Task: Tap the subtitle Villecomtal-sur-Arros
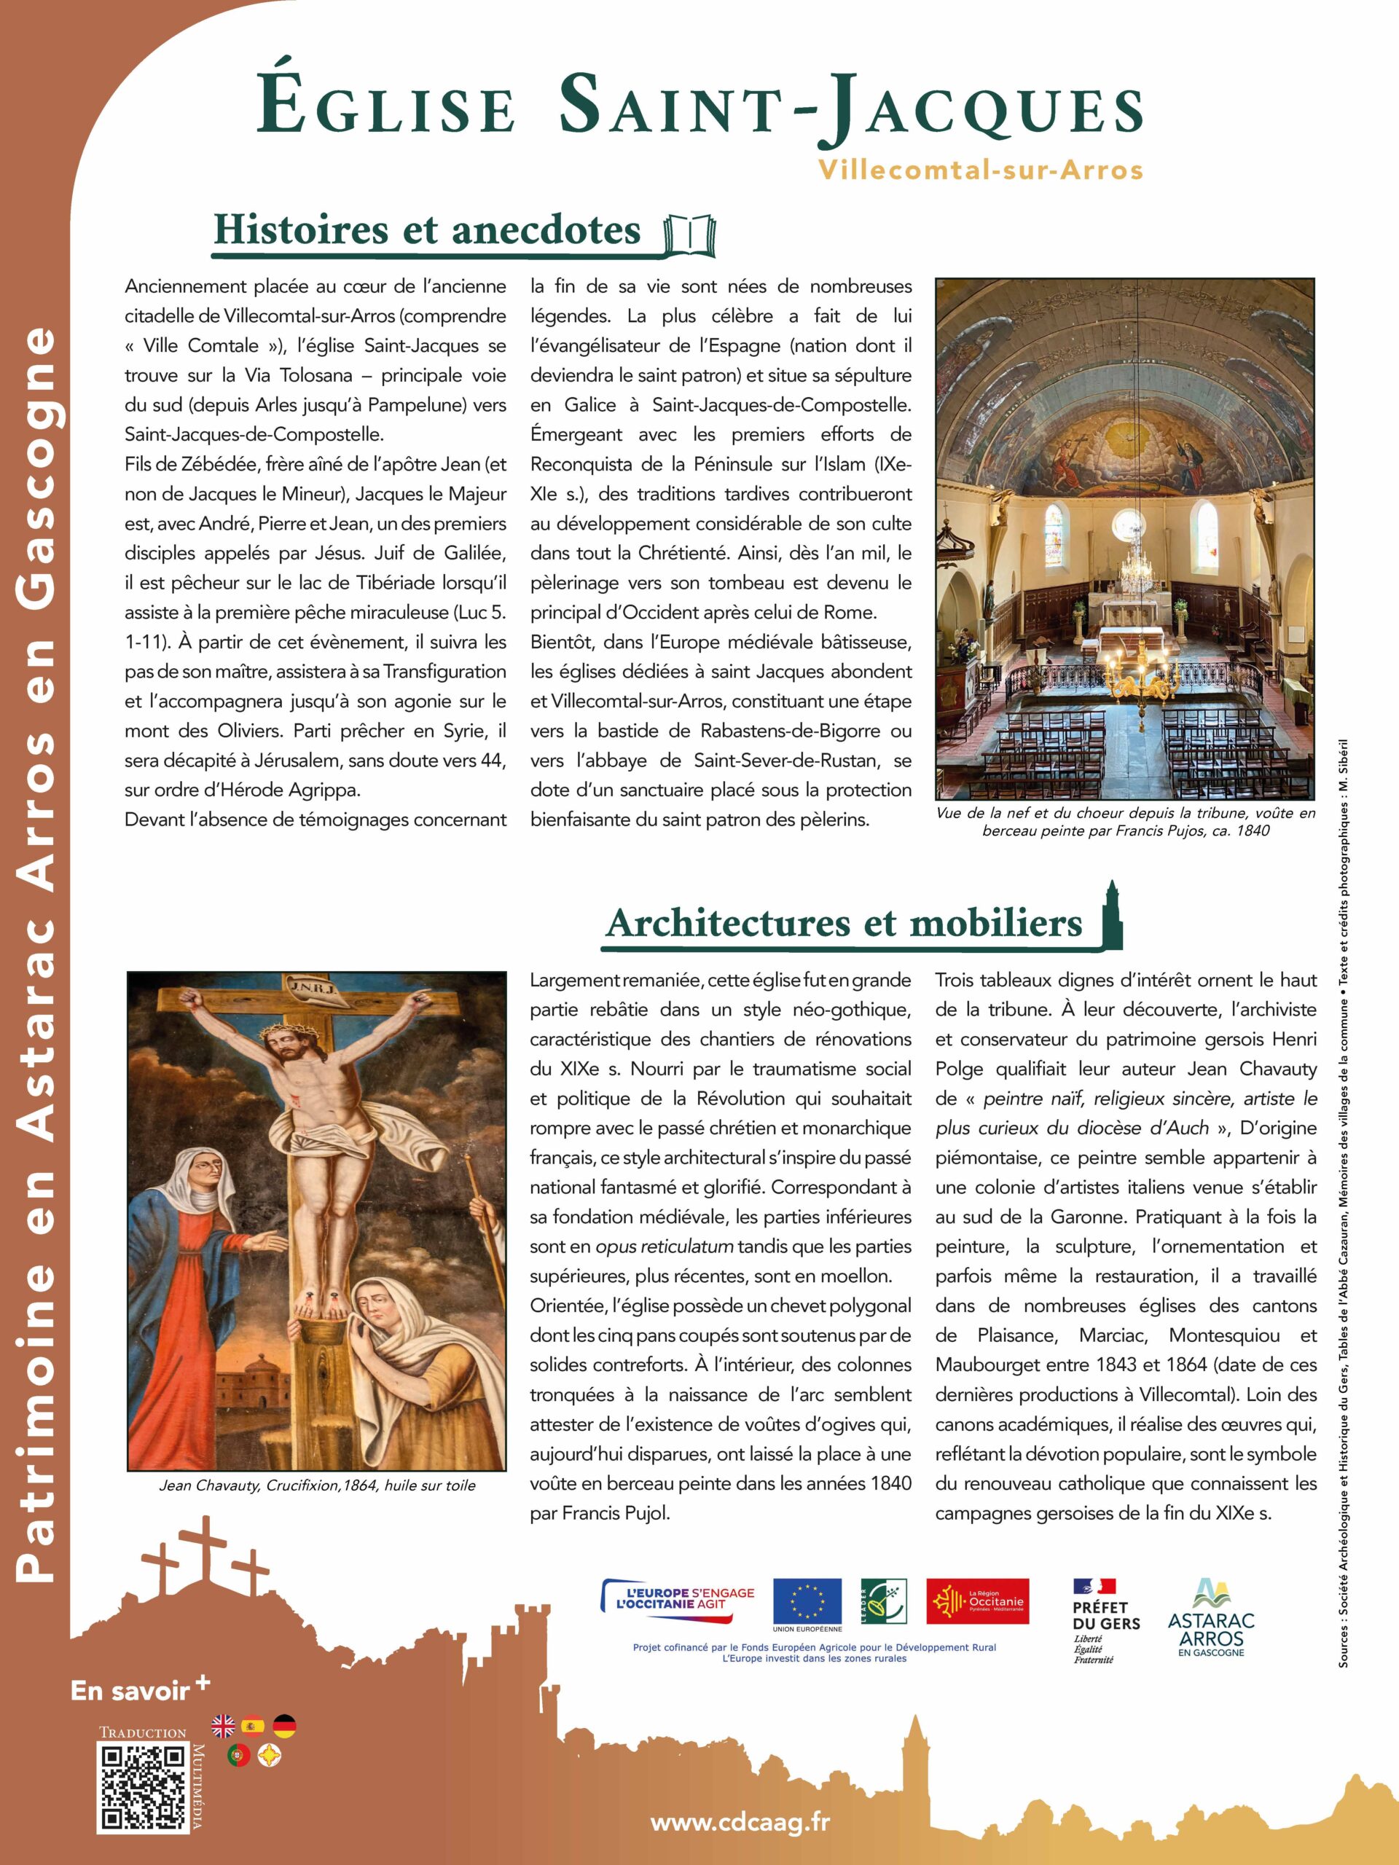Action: (980, 170)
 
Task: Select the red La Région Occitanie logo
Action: (977, 1601)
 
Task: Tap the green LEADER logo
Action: (883, 1601)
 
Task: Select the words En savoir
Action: (130, 1689)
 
